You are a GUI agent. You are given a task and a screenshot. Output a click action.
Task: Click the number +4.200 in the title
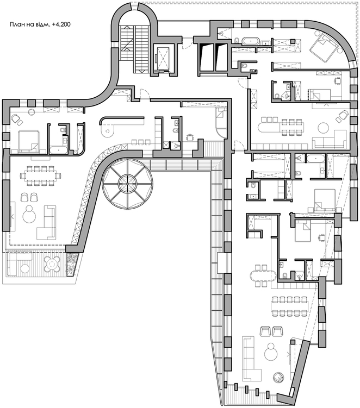[x=61, y=25]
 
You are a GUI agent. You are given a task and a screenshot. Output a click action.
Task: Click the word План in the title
[x=16, y=25]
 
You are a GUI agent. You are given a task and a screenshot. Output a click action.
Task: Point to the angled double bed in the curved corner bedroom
[x=324, y=48]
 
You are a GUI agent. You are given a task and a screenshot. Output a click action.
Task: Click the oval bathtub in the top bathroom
[x=250, y=41]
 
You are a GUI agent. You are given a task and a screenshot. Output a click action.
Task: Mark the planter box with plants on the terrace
[x=71, y=265]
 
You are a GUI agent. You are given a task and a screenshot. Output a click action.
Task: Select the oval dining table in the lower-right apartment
[x=263, y=275]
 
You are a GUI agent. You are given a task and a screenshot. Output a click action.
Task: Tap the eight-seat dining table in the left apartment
[x=40, y=175]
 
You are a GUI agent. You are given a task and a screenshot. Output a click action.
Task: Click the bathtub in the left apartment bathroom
[x=58, y=150]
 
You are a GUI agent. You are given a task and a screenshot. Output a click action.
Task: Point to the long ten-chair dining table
[x=290, y=306]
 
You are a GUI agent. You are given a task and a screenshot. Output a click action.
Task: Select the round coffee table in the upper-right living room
[x=324, y=128]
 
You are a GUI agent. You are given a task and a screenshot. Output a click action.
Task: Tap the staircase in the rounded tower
[x=135, y=49]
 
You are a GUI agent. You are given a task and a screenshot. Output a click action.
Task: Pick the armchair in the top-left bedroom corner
[x=16, y=120]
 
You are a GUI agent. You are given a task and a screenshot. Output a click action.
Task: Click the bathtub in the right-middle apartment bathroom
[x=316, y=158]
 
